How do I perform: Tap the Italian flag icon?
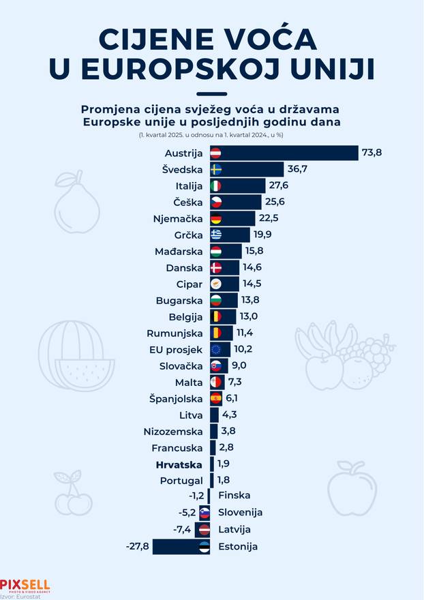click(x=215, y=186)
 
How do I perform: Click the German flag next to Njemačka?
click(x=215, y=219)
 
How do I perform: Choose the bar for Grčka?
click(x=230, y=235)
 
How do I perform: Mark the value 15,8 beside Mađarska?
click(x=254, y=252)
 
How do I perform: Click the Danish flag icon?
click(x=215, y=268)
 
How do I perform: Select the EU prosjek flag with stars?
click(x=215, y=350)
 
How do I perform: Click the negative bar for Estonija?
click(x=181, y=546)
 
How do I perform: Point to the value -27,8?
click(x=138, y=546)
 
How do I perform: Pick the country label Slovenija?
click(x=240, y=512)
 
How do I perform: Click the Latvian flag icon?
click(x=203, y=530)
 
